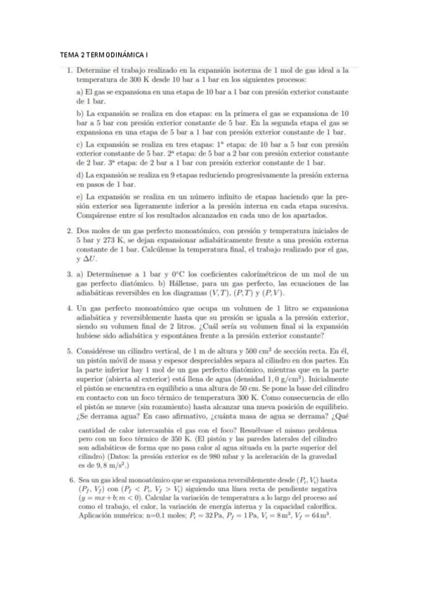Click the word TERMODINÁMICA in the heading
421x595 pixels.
click(x=117, y=54)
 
